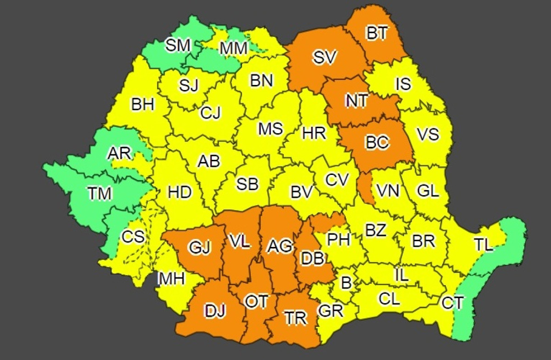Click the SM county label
pyautogui.click(x=178, y=45)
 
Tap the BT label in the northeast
pyautogui.click(x=377, y=33)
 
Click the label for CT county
pyautogui.click(x=452, y=303)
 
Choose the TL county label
pyautogui.click(x=483, y=245)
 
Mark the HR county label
pyautogui.click(x=314, y=133)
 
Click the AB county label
pyautogui.click(x=208, y=161)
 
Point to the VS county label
pyautogui.click(x=427, y=134)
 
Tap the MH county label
pyautogui.click(x=171, y=278)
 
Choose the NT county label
pyautogui.click(x=356, y=101)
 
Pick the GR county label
pyautogui.click(x=331, y=311)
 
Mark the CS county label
pyautogui.click(x=133, y=237)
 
